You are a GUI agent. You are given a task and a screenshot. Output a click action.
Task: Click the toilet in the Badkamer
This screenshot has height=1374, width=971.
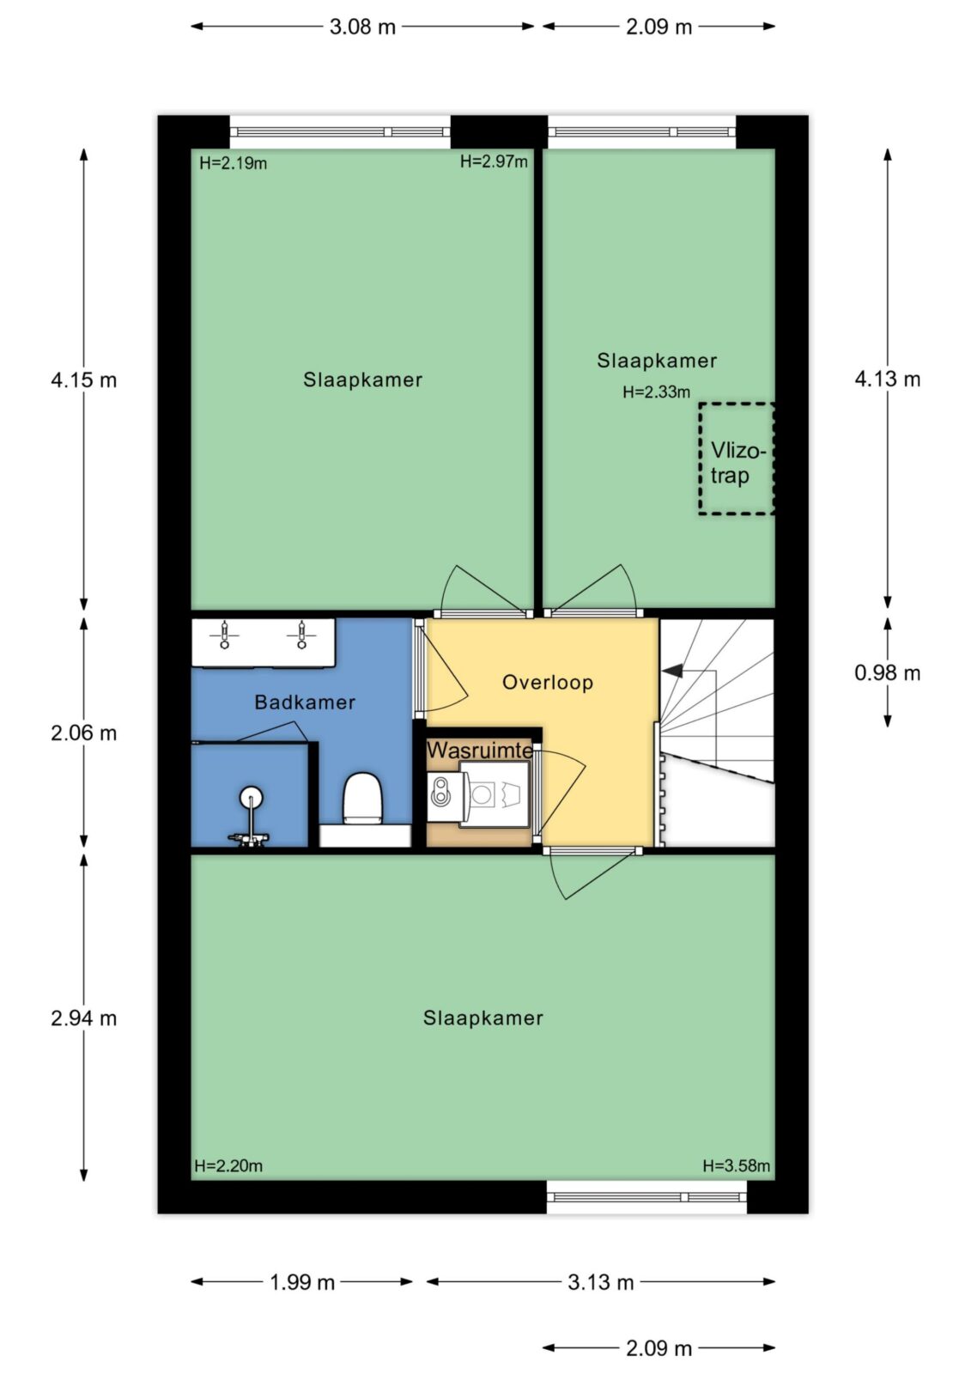click(363, 798)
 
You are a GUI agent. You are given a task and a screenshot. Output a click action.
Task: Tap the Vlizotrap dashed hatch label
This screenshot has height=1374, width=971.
click(738, 463)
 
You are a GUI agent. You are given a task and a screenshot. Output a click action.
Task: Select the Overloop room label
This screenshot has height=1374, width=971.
click(548, 682)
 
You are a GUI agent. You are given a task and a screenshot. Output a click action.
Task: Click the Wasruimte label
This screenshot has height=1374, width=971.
click(479, 750)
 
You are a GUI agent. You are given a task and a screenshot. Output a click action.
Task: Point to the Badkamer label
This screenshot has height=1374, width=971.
click(305, 702)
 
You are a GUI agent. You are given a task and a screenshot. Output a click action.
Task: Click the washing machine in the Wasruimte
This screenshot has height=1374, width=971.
click(494, 794)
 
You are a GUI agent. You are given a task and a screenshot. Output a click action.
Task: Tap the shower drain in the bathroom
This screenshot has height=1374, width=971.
click(251, 798)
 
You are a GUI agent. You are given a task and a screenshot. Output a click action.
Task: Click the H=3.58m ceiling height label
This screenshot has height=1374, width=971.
click(736, 1165)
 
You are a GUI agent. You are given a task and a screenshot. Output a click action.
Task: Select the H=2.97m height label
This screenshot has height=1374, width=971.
click(494, 161)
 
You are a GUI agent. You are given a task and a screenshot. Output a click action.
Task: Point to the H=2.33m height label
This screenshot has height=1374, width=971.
click(656, 392)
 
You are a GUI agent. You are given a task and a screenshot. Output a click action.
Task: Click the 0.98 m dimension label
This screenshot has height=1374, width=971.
click(887, 673)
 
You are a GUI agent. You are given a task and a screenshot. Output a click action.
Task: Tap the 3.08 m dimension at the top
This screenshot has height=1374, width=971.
click(362, 27)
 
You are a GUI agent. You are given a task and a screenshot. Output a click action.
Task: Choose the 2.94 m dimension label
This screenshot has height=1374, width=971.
click(83, 1018)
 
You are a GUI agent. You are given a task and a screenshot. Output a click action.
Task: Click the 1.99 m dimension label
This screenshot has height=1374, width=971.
click(302, 1282)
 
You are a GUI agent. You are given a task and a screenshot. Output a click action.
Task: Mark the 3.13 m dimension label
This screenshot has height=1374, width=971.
click(600, 1282)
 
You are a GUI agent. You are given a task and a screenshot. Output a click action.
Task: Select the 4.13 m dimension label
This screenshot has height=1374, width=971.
click(887, 380)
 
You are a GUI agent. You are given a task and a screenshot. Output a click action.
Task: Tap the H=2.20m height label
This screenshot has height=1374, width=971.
click(228, 1165)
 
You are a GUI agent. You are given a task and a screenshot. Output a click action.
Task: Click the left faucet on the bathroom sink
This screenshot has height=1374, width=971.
click(224, 635)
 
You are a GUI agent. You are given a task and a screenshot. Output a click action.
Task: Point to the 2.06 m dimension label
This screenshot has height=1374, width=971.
click(83, 733)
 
